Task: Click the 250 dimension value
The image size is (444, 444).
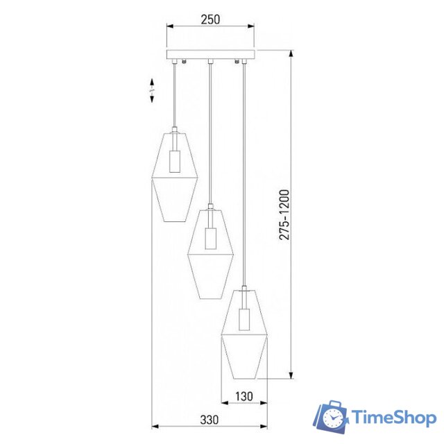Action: tap(210, 19)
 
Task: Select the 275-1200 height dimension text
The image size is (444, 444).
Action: tap(284, 215)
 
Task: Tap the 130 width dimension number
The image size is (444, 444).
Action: tap(244, 396)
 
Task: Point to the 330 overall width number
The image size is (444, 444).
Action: tap(210, 420)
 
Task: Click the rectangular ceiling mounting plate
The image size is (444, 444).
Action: tap(211, 55)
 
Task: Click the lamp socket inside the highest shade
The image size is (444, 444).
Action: tap(175, 161)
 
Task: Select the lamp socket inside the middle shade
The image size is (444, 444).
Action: tap(210, 238)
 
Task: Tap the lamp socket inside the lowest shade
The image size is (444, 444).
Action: tap(244, 319)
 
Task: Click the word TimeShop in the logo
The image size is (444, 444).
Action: tap(393, 418)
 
